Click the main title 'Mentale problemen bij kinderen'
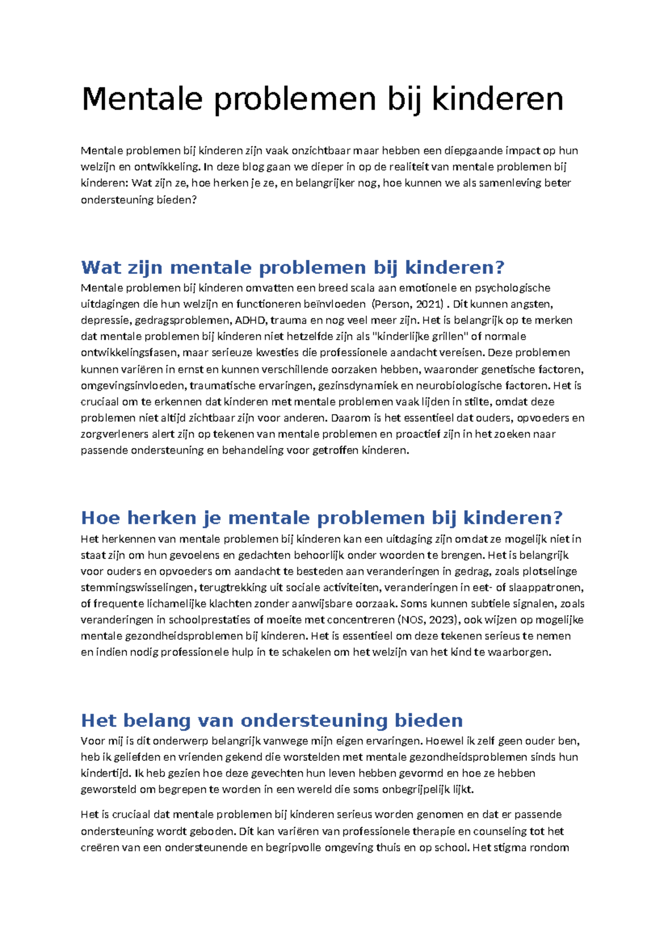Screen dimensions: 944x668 (x=322, y=99)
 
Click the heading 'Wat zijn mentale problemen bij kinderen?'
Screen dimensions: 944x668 (x=292, y=267)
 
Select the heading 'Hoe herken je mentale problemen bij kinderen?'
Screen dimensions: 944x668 (x=322, y=518)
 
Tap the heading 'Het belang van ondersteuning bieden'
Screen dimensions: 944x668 (x=272, y=720)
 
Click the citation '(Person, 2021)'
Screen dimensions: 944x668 (x=408, y=304)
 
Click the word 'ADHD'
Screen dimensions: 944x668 (x=250, y=320)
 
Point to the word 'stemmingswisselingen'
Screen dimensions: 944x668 (x=137, y=588)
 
